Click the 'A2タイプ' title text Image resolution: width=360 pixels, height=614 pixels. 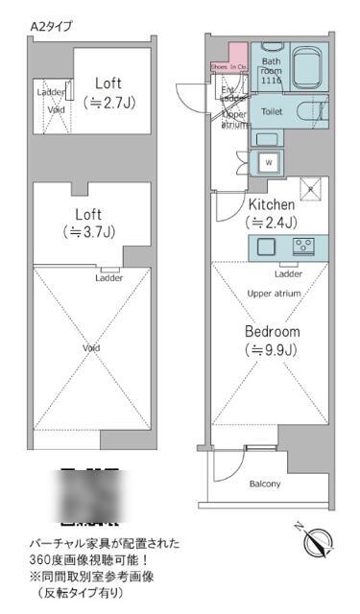[x=51, y=28]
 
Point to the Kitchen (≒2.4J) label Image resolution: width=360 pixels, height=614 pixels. [x=272, y=213]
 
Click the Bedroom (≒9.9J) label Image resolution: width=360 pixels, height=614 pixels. [x=272, y=339]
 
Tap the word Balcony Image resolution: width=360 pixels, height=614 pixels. [x=264, y=484]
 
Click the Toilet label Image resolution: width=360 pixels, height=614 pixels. [x=273, y=111]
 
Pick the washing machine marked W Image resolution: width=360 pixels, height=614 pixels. [x=268, y=160]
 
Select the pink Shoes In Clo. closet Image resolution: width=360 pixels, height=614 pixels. [x=229, y=67]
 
